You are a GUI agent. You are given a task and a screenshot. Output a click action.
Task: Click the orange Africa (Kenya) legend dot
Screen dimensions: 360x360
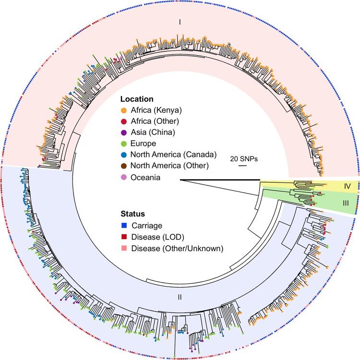pyautogui.click(x=124, y=110)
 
